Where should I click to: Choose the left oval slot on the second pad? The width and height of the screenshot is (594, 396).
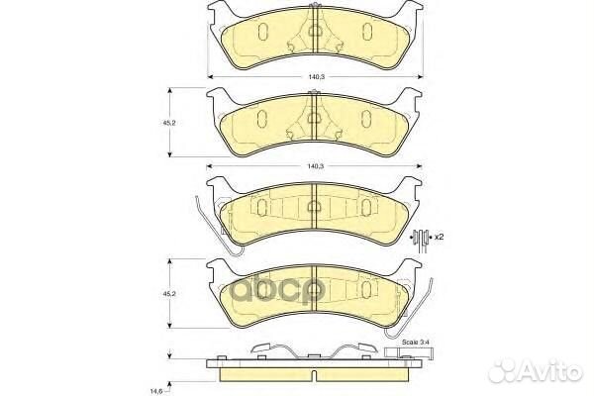(259, 119)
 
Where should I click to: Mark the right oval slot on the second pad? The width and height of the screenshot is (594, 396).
(365, 119)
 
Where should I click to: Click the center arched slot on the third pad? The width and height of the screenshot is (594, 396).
(313, 207)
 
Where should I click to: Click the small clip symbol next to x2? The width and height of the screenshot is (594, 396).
(422, 237)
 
